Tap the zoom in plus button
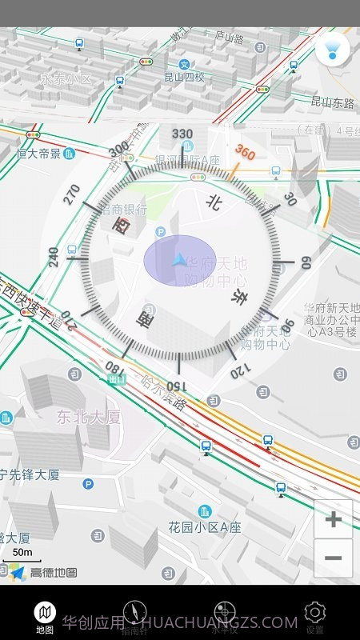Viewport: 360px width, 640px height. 333,519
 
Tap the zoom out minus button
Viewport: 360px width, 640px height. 333,558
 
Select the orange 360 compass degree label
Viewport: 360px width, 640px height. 245,153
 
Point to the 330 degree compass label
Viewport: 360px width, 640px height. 182,134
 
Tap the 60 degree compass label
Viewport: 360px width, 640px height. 304,262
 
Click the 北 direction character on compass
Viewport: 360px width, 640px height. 213,202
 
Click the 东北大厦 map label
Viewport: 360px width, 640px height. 88,416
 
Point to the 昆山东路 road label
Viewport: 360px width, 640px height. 332,102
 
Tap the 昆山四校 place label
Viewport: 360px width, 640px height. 184,78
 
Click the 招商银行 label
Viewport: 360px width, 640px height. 122,210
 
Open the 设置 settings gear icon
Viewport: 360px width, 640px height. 315,613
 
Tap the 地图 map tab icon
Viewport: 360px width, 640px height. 45,613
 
